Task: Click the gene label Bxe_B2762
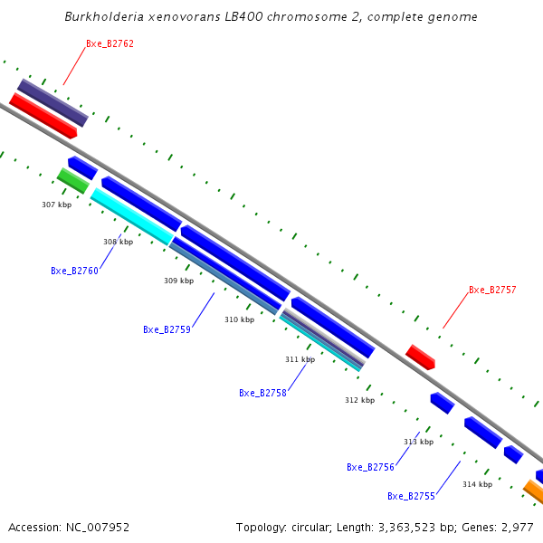click(110, 43)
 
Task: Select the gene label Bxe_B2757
click(492, 290)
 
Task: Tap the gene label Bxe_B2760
click(74, 271)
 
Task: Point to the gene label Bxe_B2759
click(167, 329)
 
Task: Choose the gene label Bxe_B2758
click(262, 393)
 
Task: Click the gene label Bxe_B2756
click(370, 467)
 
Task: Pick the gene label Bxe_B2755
click(411, 496)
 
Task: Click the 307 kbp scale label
click(56, 205)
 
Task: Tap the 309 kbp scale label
click(178, 281)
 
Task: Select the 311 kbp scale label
click(300, 359)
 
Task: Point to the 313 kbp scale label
click(418, 442)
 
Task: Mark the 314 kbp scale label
click(477, 484)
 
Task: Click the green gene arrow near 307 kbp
click(73, 180)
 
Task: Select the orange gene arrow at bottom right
click(534, 492)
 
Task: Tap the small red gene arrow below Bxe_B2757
click(420, 357)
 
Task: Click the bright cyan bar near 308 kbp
click(132, 215)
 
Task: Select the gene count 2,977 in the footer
click(518, 527)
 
